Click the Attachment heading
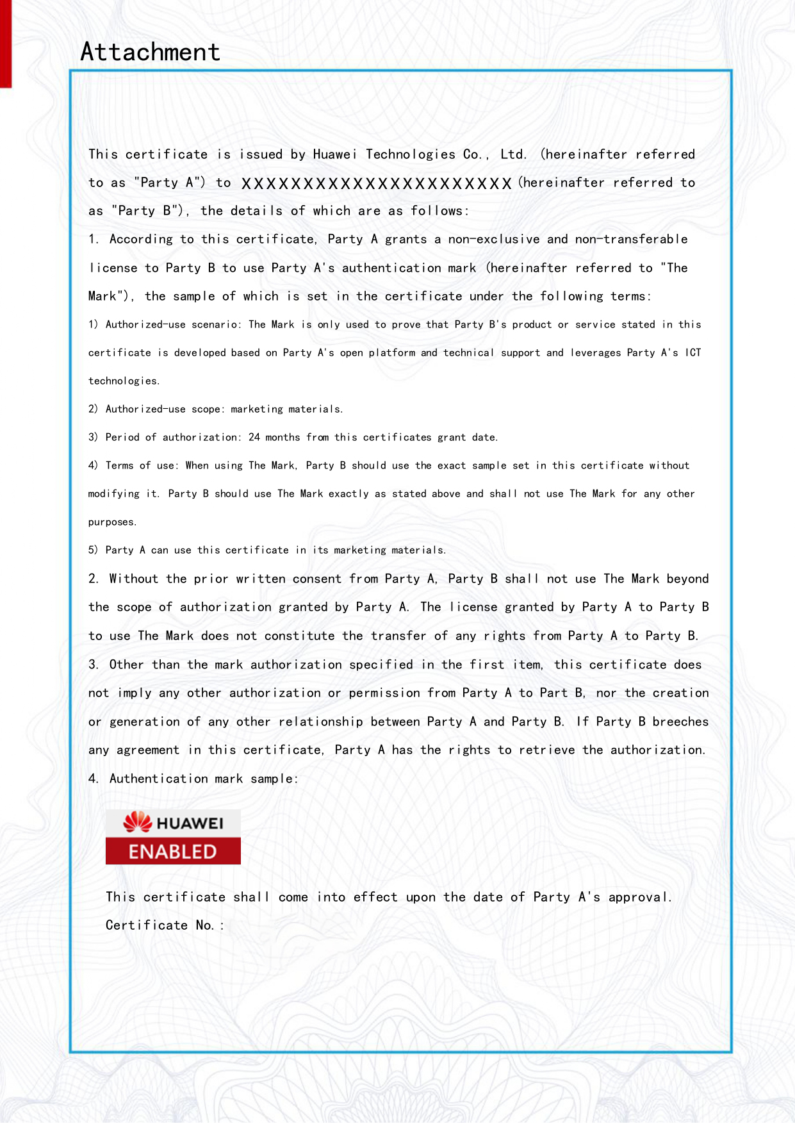tap(150, 52)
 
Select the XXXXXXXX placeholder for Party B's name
tap(377, 184)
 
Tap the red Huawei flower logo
tap(137, 822)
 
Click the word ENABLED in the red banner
tap(173, 852)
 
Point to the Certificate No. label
tap(165, 925)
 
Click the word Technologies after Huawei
tap(411, 154)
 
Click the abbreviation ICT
tap(693, 352)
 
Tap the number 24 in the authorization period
tap(254, 437)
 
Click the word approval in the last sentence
tap(639, 897)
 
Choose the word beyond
tap(687, 579)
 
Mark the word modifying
tap(113, 494)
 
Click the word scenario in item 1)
tap(217, 324)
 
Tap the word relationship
tap(320, 722)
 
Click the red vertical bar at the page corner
tap(6, 44)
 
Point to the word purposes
tap(112, 522)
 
